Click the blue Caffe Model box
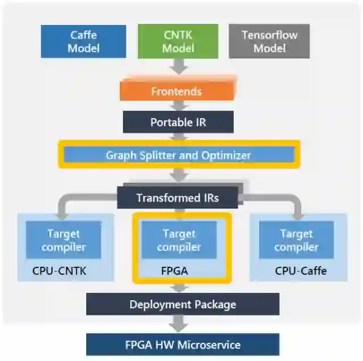(83, 41)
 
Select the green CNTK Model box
(178, 41)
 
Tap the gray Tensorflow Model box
(269, 41)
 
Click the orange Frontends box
(176, 91)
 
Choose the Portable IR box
(178, 122)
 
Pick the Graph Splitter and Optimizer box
(178, 154)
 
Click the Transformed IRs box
(178, 198)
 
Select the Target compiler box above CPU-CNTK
(64, 240)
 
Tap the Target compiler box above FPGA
(179, 240)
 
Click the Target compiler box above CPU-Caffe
(296, 240)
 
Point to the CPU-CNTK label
(60, 271)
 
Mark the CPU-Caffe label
(301, 271)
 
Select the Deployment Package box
(183, 304)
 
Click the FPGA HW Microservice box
(183, 345)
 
